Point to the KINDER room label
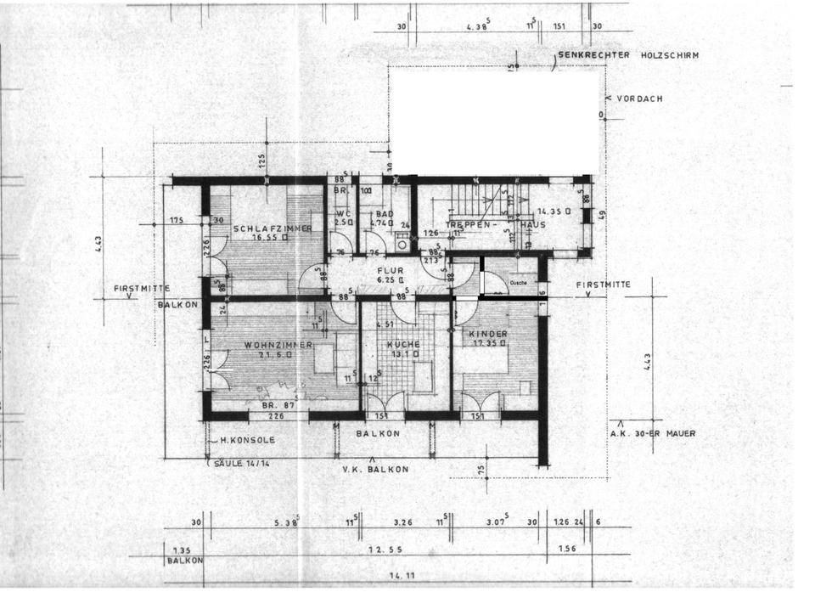pos(488,334)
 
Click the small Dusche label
pos(520,283)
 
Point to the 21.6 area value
pos(277,355)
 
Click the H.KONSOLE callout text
pos(247,440)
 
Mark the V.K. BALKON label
pos(375,469)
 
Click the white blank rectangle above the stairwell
pos(495,120)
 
